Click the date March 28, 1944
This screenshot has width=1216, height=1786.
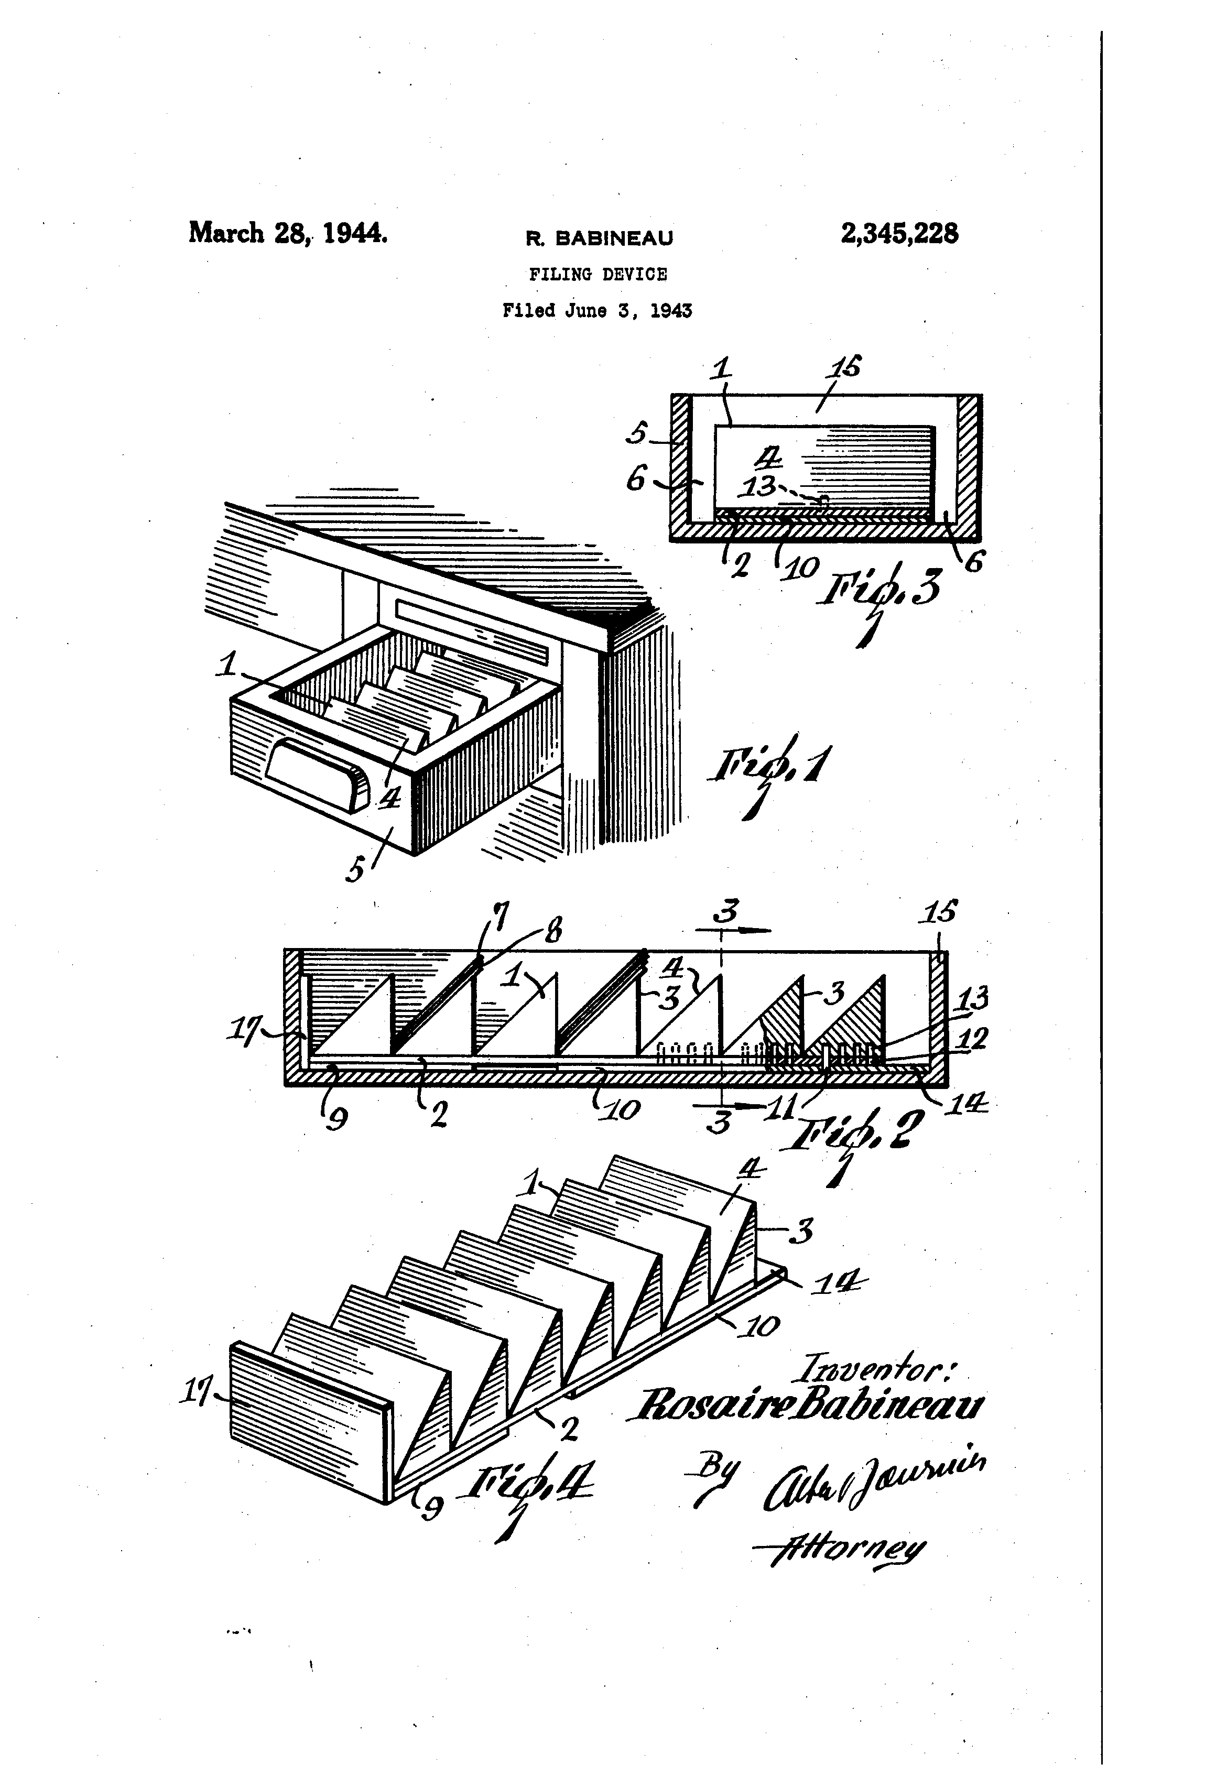click(287, 232)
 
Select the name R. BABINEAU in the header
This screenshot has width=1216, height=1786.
click(599, 238)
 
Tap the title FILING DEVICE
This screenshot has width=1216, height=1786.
click(598, 275)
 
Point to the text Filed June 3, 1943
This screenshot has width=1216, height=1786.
click(597, 310)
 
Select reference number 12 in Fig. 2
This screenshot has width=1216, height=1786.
click(972, 1039)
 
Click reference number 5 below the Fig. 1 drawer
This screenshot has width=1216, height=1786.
click(355, 870)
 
